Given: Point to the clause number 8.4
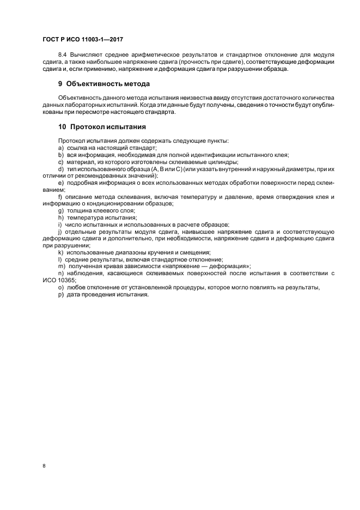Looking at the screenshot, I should click(63, 55).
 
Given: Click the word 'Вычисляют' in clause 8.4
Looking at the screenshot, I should click(87, 55).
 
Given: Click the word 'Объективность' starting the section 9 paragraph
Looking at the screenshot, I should click(80, 98).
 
